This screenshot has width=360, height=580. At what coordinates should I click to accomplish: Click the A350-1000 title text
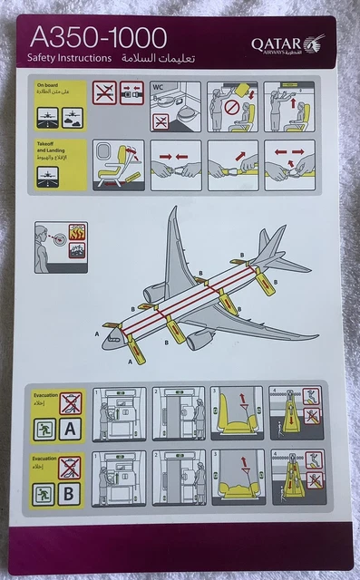click(x=99, y=37)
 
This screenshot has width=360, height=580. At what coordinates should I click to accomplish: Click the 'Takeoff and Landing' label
click(x=49, y=149)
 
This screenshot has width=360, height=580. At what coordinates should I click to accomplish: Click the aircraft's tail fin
click(x=264, y=242)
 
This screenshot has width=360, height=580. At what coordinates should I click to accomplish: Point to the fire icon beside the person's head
click(x=76, y=233)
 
